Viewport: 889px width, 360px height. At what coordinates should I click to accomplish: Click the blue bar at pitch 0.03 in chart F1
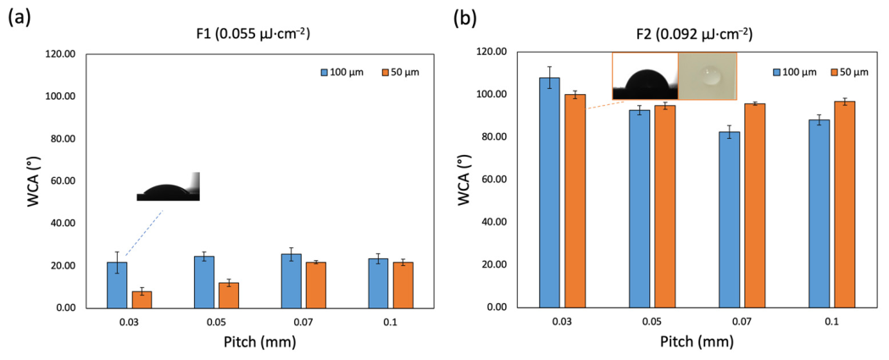(x=117, y=285)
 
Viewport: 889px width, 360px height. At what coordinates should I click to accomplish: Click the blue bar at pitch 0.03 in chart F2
(x=549, y=193)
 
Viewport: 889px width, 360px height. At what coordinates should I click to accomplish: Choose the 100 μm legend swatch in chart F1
(x=325, y=72)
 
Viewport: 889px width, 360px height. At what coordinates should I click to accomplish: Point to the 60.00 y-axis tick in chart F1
(x=67, y=181)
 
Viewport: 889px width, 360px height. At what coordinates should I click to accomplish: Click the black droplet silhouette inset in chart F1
(x=169, y=186)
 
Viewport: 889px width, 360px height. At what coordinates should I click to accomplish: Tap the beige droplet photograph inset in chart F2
(x=707, y=76)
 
